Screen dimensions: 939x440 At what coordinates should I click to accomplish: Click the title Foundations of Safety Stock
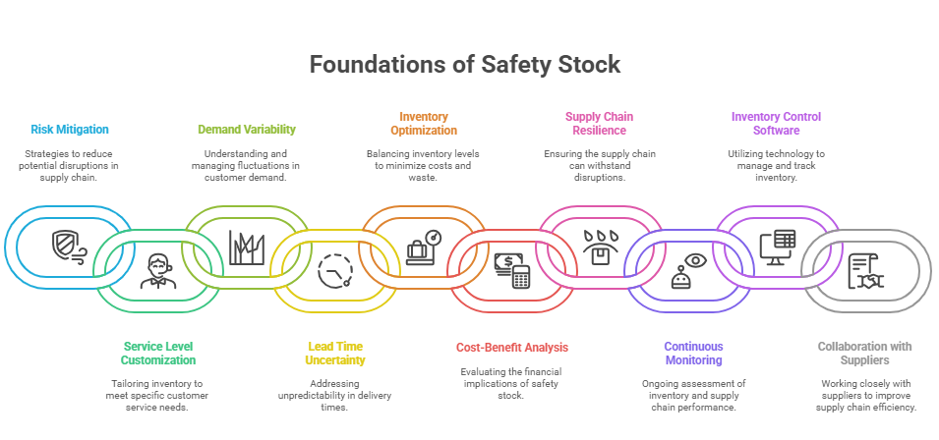(x=465, y=64)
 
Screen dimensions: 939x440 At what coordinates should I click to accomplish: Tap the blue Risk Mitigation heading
(x=70, y=129)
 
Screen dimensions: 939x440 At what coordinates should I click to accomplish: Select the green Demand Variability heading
(x=247, y=129)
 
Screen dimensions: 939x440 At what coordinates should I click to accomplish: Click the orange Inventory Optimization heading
(x=424, y=123)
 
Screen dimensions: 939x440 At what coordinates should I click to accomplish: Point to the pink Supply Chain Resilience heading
(x=599, y=123)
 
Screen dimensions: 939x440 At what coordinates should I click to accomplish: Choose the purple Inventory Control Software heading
(x=776, y=123)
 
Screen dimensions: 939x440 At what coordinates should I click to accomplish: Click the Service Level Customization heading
(x=158, y=354)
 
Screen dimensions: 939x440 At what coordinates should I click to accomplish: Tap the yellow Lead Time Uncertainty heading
(x=335, y=354)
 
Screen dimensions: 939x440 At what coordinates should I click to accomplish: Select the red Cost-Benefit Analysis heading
(x=512, y=348)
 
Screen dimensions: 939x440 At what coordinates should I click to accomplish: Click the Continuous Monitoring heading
(x=693, y=354)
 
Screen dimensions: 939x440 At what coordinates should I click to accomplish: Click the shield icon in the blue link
(x=69, y=247)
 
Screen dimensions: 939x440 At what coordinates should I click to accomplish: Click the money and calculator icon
(x=512, y=270)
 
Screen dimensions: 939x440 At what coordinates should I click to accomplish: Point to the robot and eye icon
(x=688, y=271)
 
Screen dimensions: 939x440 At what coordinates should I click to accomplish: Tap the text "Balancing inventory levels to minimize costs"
(x=423, y=160)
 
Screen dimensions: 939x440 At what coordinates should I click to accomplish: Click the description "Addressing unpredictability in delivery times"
(x=334, y=395)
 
